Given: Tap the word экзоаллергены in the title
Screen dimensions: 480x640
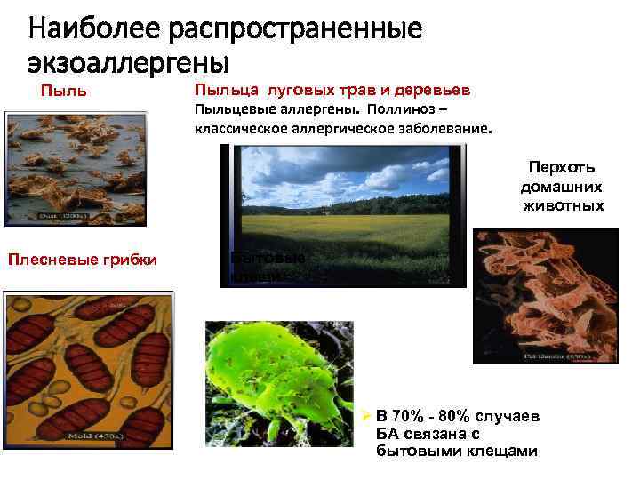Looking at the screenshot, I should point(129,63).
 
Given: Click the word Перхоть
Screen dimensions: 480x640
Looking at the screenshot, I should point(562,167).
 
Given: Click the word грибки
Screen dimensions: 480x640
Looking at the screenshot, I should point(129,260).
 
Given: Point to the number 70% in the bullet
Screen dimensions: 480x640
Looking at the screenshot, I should point(411,417).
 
